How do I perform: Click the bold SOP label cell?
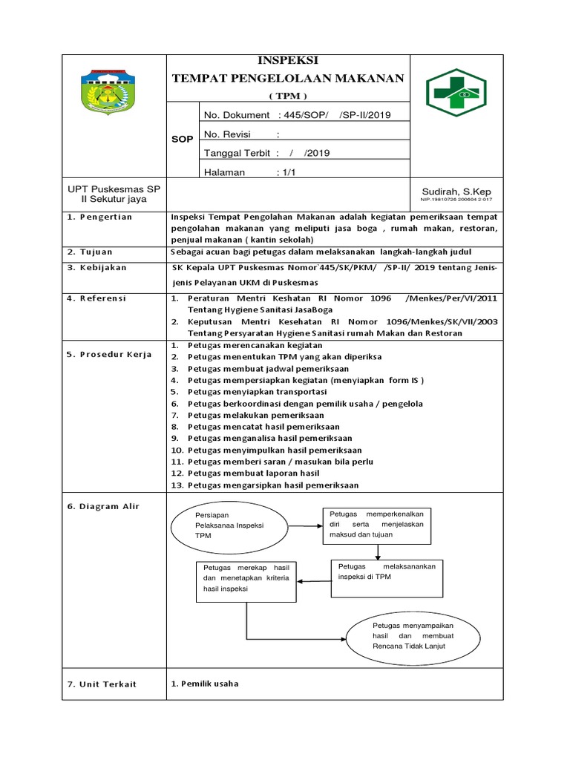(x=183, y=139)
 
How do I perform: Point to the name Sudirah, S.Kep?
(x=451, y=191)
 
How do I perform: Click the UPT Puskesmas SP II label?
(x=114, y=194)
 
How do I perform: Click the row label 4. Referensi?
(x=96, y=298)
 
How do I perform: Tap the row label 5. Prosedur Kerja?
(x=109, y=354)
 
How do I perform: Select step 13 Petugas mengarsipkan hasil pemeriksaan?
(x=272, y=485)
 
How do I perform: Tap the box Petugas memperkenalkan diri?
(x=376, y=525)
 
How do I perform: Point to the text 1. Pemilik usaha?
(x=205, y=684)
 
